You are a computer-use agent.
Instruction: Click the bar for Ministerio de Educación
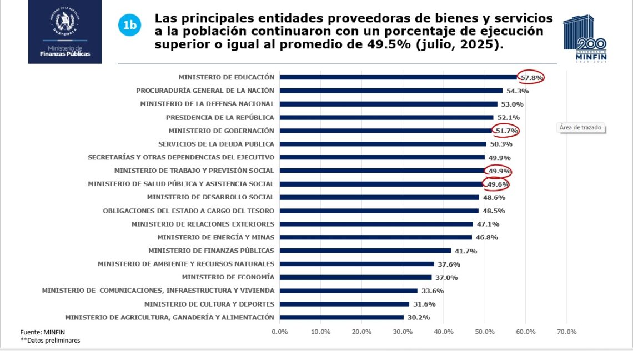[398, 77]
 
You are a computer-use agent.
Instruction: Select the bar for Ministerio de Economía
[355, 277]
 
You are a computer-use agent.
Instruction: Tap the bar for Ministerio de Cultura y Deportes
[344, 304]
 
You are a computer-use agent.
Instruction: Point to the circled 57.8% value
[531, 78]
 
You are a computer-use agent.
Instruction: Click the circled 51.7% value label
[506, 131]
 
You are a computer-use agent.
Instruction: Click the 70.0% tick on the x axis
[566, 332]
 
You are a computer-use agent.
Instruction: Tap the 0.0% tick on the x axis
[280, 332]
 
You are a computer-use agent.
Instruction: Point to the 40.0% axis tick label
[444, 332]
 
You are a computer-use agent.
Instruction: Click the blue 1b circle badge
[129, 25]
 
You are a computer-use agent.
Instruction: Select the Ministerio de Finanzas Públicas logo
[65, 32]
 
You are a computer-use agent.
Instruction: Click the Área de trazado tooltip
[580, 128]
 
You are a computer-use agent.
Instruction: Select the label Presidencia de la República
[220, 117]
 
